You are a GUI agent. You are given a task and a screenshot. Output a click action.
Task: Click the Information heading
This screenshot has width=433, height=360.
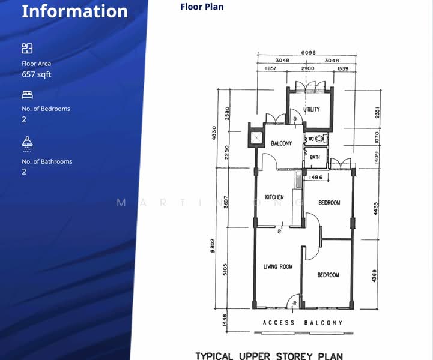pyautogui.click(x=74, y=11)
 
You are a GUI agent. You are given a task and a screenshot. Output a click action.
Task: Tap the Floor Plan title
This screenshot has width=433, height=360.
pyautogui.click(x=202, y=7)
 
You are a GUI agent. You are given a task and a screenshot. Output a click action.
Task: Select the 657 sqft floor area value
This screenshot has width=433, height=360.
pyautogui.click(x=37, y=74)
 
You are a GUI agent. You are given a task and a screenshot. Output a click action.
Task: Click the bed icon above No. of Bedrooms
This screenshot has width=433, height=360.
pyautogui.click(x=27, y=94)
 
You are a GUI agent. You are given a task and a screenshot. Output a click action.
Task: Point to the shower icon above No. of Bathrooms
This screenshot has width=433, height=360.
pyautogui.click(x=27, y=142)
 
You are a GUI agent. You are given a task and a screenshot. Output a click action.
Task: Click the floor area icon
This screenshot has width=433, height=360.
pyautogui.click(x=27, y=48)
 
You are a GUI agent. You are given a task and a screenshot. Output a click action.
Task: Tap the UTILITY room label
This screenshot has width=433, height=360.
pyautogui.click(x=312, y=109)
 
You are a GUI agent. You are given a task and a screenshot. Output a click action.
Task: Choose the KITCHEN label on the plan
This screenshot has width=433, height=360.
pyautogui.click(x=274, y=197)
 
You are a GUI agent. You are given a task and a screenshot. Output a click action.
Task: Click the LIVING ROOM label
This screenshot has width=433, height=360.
pyautogui.click(x=278, y=266)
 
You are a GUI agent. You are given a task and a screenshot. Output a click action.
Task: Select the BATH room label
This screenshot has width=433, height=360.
pyautogui.click(x=315, y=157)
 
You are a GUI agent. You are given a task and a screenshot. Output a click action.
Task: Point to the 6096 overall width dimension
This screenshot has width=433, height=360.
pyautogui.click(x=308, y=53)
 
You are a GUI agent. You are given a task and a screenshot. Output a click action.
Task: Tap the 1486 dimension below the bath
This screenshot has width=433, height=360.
pyautogui.click(x=316, y=178)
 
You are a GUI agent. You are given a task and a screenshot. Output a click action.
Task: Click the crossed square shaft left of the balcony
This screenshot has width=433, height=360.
pyautogui.click(x=256, y=139)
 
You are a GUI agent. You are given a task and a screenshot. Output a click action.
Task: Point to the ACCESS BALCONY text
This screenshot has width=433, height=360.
pyautogui.click(x=303, y=323)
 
